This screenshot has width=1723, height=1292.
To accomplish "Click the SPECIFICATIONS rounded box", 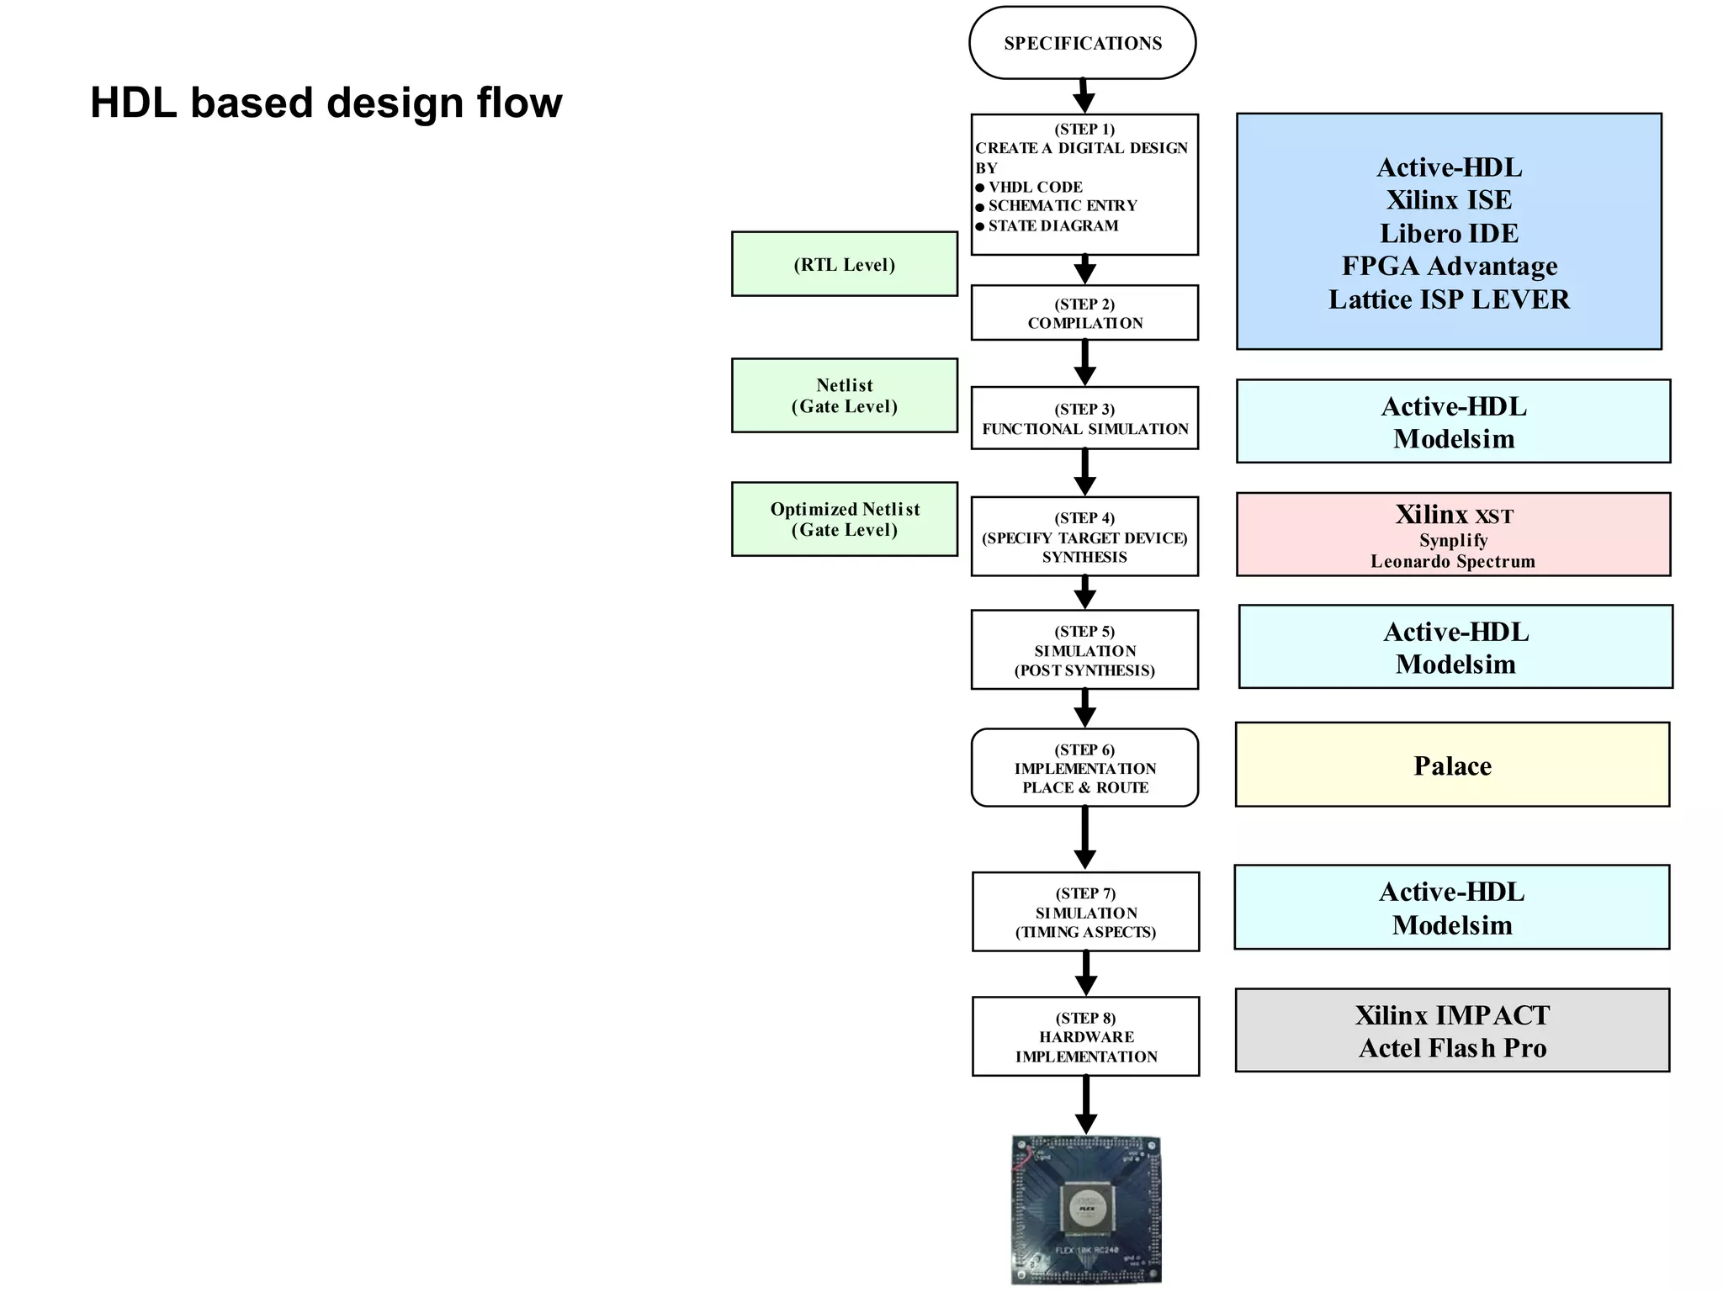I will (1082, 43).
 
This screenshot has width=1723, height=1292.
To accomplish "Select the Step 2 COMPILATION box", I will (1084, 313).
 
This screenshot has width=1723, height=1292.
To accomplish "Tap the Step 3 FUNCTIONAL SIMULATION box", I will (1084, 418).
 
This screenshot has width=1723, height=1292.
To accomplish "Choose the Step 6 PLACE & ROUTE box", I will (1084, 768).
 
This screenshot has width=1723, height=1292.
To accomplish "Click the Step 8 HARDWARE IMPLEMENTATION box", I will (1085, 1036).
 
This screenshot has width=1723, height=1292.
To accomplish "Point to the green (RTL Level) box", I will (844, 264).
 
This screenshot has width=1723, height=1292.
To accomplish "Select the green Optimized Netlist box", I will (844, 519).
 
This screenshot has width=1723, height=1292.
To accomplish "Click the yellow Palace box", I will (1452, 765).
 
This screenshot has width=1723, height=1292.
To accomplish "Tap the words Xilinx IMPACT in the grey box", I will (1452, 1015).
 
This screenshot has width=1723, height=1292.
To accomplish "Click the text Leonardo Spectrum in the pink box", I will (1452, 561).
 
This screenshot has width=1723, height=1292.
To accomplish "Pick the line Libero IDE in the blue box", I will (1449, 233).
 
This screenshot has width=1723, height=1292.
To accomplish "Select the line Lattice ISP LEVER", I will (1449, 299).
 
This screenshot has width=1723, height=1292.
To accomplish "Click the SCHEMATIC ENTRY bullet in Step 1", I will (1062, 206).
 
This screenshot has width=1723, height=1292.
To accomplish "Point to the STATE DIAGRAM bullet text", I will (1052, 225).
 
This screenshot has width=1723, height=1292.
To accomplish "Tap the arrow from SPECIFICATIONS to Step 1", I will (1084, 96).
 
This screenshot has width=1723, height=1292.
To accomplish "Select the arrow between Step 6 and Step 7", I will (1084, 838).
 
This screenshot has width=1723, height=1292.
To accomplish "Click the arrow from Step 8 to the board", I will (1086, 1104).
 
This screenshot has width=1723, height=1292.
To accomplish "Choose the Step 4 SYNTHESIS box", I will (1084, 537).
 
